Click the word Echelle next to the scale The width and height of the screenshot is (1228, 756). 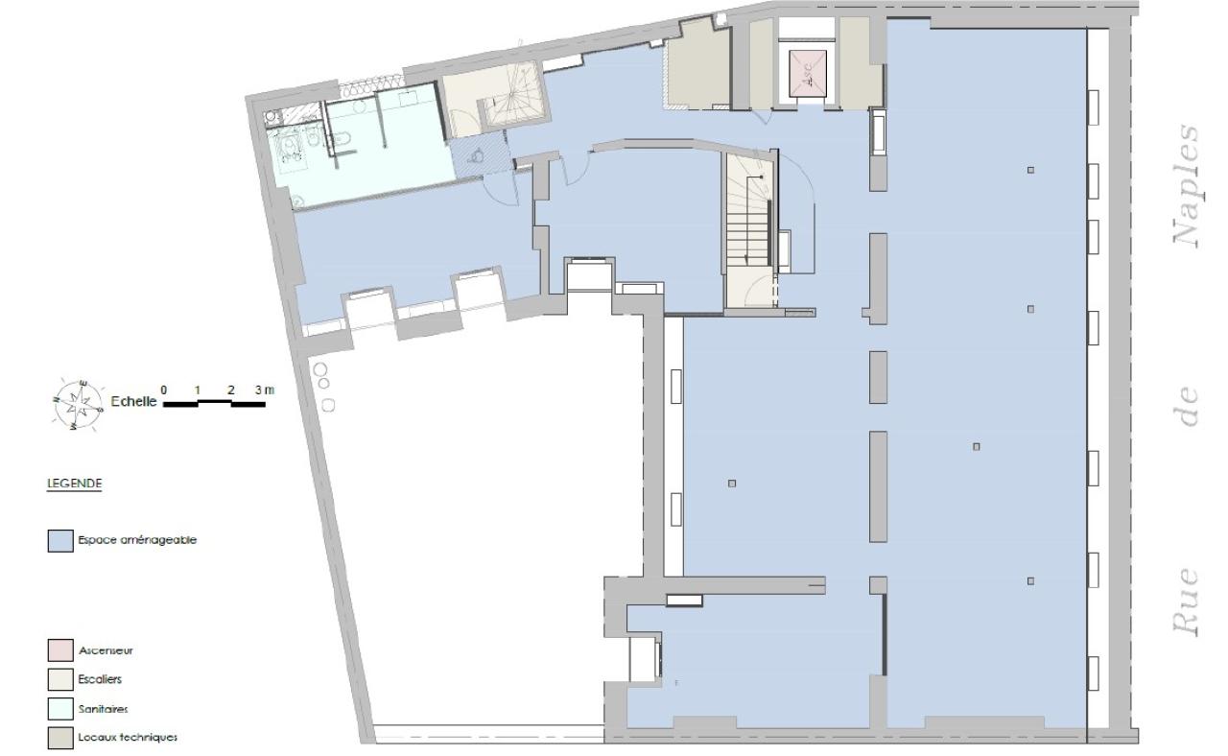[x=133, y=403]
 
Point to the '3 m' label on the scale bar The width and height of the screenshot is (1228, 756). [x=264, y=390]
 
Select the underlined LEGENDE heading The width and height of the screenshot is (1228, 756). [x=75, y=484]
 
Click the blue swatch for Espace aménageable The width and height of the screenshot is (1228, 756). [x=60, y=541]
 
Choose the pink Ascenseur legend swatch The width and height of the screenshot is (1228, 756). [x=60, y=650]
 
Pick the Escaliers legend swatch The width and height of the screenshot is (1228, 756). [x=60, y=679]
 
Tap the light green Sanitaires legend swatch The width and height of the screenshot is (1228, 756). [x=60, y=709]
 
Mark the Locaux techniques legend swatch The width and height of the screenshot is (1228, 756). [x=60, y=738]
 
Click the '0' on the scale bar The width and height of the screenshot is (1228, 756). [x=164, y=390]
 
